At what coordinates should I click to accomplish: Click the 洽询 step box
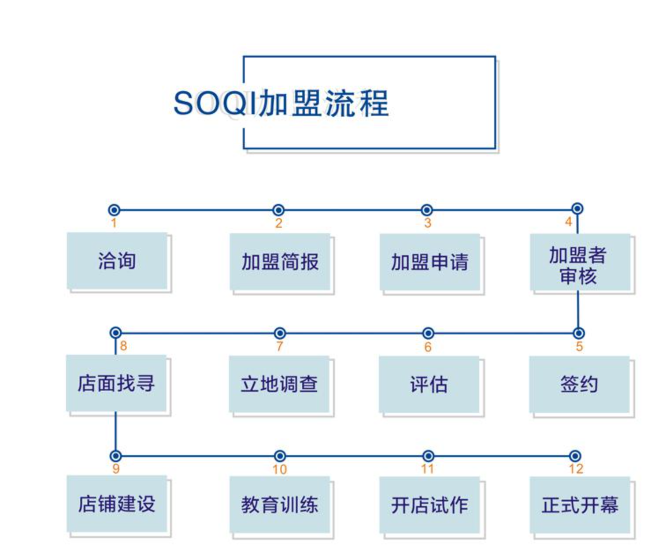click(x=117, y=261)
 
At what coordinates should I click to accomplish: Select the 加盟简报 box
click(x=280, y=262)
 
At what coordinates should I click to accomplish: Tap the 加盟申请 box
click(x=429, y=262)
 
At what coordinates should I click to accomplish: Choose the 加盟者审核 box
click(x=580, y=262)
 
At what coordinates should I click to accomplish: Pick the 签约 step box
click(x=579, y=384)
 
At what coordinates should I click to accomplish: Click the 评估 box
click(x=429, y=384)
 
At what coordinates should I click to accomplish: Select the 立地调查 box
click(x=279, y=384)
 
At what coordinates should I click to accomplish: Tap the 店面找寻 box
click(x=116, y=383)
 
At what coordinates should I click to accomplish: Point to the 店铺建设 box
click(x=117, y=504)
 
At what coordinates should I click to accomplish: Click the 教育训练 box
click(x=280, y=504)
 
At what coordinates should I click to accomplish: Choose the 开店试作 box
click(x=429, y=505)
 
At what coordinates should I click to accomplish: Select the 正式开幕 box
click(x=580, y=505)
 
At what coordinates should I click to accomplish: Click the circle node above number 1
click(x=114, y=210)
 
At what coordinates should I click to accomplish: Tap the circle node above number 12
click(x=575, y=456)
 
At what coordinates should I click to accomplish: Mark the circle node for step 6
click(x=428, y=334)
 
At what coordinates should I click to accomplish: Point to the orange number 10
click(x=280, y=469)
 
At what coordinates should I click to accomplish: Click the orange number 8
click(x=123, y=346)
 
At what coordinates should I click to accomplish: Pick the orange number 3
click(x=428, y=223)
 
